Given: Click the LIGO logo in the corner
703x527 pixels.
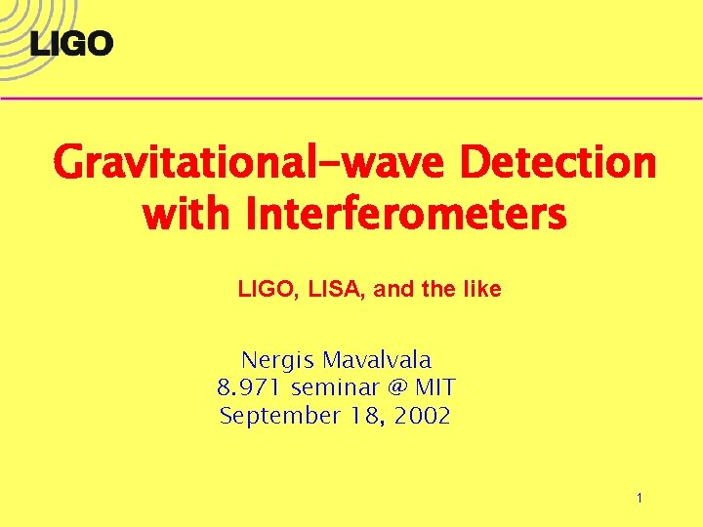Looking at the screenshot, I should (x=71, y=43).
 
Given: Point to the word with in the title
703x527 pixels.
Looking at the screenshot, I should (x=189, y=212).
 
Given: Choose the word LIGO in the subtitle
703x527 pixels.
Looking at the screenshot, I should (x=264, y=290).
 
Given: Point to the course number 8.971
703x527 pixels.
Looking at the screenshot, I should (x=245, y=387).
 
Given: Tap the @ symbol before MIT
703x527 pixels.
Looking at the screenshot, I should (x=396, y=387).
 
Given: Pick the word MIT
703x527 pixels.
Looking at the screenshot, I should (x=434, y=387).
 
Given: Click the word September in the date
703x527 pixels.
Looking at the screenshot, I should (x=278, y=417).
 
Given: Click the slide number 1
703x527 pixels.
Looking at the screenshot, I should (x=639, y=499).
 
